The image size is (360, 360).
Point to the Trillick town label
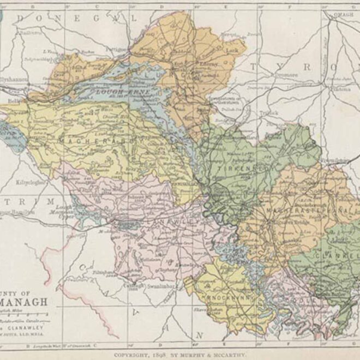pos(267,113)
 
